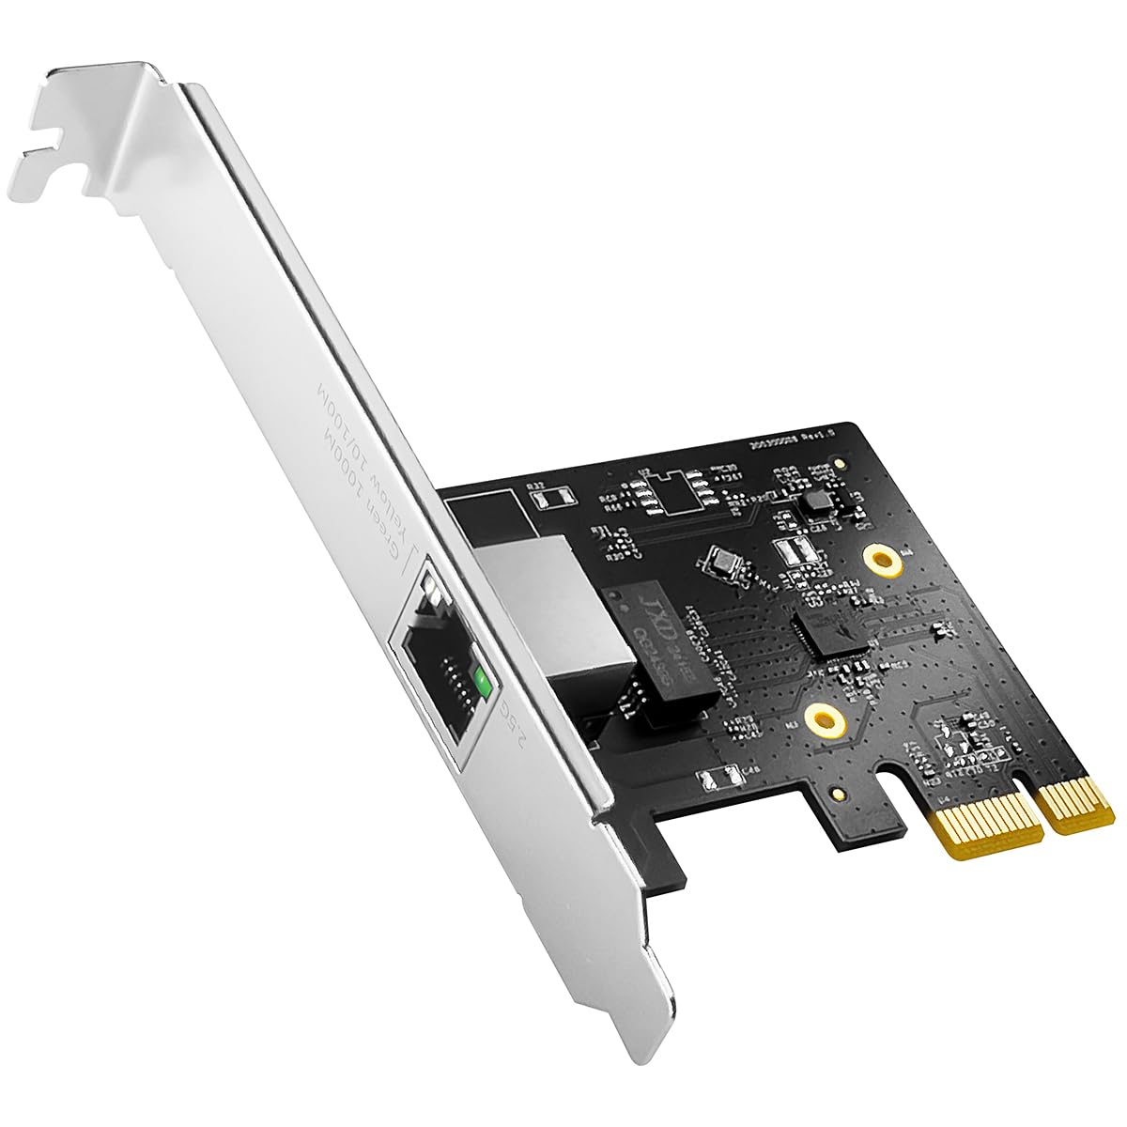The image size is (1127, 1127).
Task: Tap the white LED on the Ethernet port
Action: coord(432,591)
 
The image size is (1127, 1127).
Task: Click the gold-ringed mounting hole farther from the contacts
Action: coord(882,562)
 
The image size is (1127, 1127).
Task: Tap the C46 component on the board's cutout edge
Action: coord(717,777)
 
